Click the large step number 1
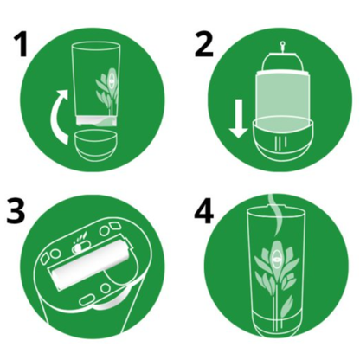(22, 44)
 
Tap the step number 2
(204, 44)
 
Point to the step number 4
(204, 211)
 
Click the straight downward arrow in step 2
(238, 119)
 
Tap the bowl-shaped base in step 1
(96, 145)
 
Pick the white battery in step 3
(91, 262)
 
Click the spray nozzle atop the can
(282, 48)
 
